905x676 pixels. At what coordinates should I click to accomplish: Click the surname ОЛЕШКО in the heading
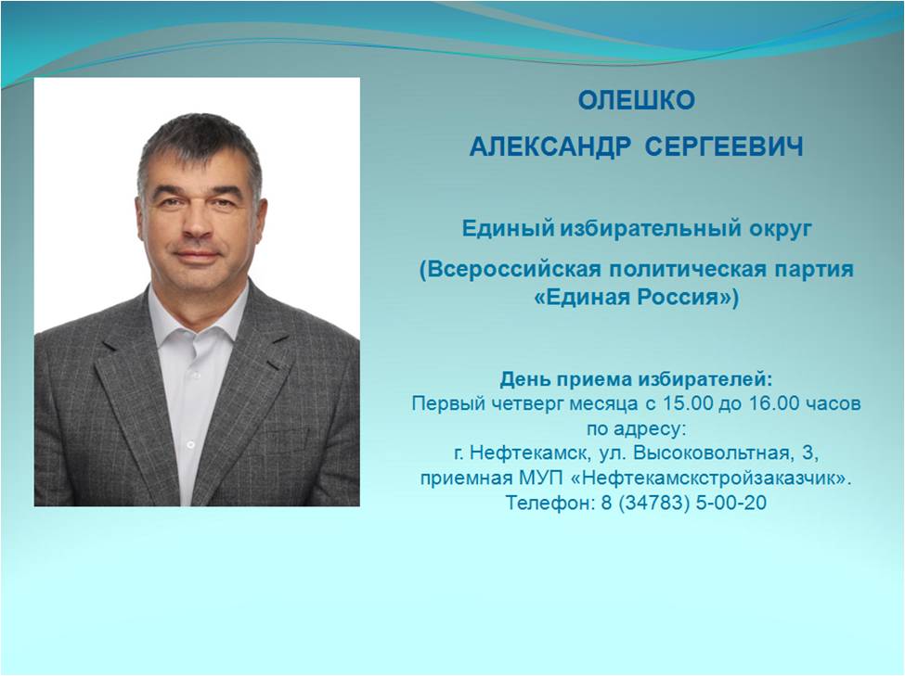point(636,100)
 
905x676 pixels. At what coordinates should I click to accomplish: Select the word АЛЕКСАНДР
point(550,147)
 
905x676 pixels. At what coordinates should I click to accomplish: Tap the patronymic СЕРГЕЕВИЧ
point(724,147)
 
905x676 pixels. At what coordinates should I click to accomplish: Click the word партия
point(811,270)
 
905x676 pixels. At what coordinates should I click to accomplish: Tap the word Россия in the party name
point(684,298)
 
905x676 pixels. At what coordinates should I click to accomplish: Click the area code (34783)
point(654,503)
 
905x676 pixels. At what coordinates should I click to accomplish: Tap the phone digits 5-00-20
point(731,503)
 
